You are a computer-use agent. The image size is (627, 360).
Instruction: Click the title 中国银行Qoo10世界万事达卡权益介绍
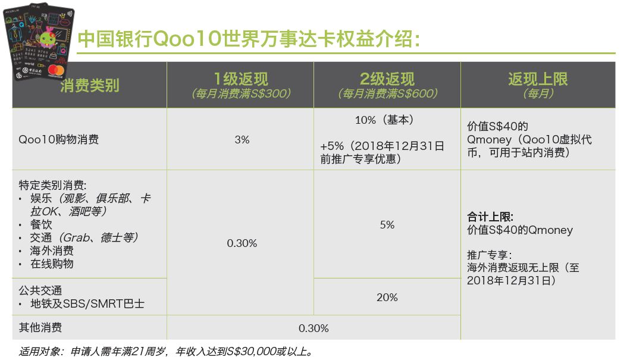249,39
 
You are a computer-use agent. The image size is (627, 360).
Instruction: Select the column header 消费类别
89,85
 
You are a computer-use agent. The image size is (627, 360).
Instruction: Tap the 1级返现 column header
240,79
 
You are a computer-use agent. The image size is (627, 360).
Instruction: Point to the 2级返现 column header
387,79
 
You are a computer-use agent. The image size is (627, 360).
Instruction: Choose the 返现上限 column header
538,79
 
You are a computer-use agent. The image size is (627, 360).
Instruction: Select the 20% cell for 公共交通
387,298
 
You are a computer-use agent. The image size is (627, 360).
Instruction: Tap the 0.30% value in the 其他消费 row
313,328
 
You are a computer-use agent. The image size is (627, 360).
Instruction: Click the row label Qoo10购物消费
59,140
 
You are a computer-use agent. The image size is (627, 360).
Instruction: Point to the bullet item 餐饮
41,225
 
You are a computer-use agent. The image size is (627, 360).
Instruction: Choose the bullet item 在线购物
52,264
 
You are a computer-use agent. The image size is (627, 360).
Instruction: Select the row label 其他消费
40,328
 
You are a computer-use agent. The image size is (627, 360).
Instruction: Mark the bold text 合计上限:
490,217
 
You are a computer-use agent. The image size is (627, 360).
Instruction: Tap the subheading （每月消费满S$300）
240,94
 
